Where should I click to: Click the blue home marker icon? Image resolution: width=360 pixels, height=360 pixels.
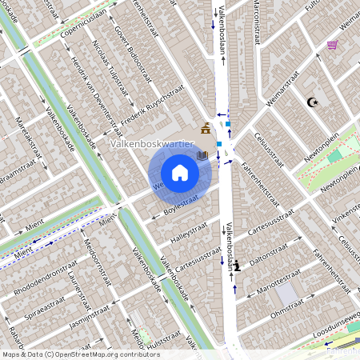point(180,173)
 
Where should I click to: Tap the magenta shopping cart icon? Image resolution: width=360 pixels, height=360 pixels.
point(332,45)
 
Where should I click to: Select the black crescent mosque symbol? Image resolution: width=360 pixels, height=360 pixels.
point(313,102)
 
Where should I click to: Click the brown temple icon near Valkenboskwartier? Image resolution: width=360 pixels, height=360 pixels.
point(206,129)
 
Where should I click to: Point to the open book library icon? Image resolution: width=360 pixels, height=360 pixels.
point(202,154)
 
